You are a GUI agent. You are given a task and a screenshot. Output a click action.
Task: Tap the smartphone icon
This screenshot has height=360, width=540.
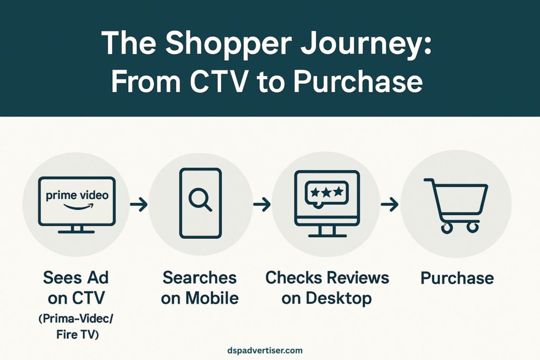coord(200,203)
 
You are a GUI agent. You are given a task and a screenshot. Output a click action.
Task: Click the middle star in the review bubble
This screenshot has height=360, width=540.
coord(326,192)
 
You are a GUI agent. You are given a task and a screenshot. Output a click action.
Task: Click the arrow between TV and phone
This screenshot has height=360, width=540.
coord(139,205)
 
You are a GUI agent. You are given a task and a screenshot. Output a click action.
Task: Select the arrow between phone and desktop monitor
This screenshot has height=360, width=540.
coord(262,205)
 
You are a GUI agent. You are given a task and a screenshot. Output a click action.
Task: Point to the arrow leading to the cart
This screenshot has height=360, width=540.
coord(389,205)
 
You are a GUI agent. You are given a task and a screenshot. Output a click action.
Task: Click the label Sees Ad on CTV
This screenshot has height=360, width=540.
coord(77,288)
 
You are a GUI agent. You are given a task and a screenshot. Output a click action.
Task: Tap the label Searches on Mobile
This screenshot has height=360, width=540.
coord(200,288)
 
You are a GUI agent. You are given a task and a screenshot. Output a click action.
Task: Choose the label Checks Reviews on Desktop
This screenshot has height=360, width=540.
coord(327,288)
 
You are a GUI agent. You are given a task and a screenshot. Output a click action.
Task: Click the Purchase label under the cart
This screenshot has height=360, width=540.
coord(457,278)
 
